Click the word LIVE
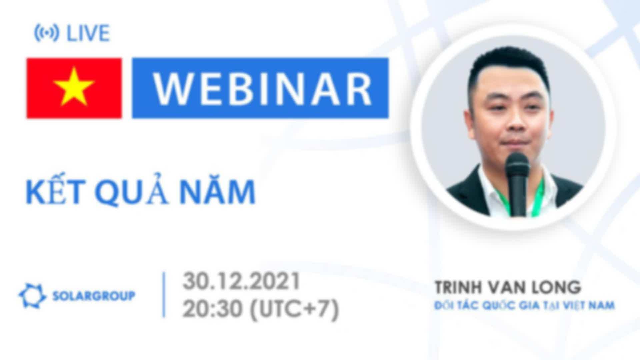click(88, 33)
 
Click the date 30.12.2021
click(241, 281)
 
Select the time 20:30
click(212, 309)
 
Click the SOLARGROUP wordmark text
click(94, 296)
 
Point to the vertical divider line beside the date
click(164, 295)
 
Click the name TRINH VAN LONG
click(508, 287)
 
